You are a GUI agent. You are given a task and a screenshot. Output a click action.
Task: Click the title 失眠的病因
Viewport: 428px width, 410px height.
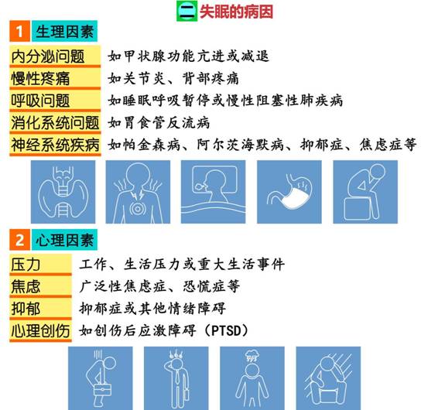236,12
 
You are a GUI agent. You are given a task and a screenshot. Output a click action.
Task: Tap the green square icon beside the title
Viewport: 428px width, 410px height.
187,11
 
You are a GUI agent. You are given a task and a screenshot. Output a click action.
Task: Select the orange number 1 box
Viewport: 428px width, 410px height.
19,31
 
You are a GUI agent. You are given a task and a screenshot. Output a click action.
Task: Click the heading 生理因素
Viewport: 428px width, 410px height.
64,31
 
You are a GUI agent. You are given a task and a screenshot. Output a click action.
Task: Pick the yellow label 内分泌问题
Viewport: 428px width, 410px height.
55,56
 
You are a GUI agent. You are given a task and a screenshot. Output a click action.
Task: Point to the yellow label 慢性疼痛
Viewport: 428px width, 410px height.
55,79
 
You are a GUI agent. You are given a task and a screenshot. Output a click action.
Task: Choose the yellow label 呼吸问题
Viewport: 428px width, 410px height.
55,101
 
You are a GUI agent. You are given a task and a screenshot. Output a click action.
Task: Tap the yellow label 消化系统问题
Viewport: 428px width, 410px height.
55,123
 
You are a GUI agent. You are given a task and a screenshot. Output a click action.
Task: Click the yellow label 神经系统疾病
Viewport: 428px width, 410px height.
55,145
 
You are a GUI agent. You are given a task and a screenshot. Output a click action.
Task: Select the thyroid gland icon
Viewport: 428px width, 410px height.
63,192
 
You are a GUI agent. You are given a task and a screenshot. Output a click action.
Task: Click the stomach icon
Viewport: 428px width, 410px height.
289,192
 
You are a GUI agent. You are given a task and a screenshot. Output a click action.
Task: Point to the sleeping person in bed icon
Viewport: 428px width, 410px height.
213,192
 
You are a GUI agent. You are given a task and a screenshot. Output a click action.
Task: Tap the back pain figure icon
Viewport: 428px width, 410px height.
138,192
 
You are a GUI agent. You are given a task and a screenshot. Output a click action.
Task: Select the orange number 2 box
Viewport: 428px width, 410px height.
19,240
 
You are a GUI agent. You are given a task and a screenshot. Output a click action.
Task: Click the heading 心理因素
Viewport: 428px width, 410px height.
64,240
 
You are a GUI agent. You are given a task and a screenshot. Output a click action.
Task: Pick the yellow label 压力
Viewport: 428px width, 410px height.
40,265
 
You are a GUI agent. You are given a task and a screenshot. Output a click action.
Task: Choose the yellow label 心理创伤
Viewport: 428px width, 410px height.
40,331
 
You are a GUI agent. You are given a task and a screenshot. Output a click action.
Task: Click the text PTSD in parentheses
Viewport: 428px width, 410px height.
226,330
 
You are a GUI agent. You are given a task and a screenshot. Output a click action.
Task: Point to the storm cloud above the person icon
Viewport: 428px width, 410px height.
252,355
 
